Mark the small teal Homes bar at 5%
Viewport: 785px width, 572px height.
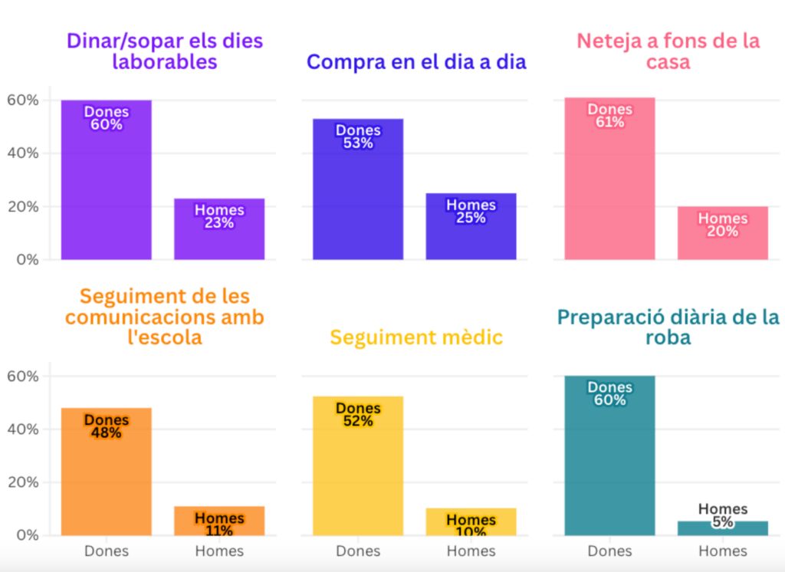pyautogui.click(x=722, y=528)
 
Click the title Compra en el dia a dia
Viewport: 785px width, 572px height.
pyautogui.click(x=416, y=62)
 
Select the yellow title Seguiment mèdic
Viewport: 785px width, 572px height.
pyautogui.click(x=416, y=337)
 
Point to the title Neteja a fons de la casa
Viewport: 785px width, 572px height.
pyautogui.click(x=668, y=51)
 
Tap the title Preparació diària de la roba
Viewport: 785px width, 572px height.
pyautogui.click(x=668, y=327)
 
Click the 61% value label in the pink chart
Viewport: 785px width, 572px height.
pyautogui.click(x=609, y=122)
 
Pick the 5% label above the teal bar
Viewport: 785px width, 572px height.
pyautogui.click(x=722, y=522)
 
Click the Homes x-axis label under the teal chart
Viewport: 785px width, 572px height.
pyautogui.click(x=722, y=551)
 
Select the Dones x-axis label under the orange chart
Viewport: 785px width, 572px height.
pyautogui.click(x=106, y=551)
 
